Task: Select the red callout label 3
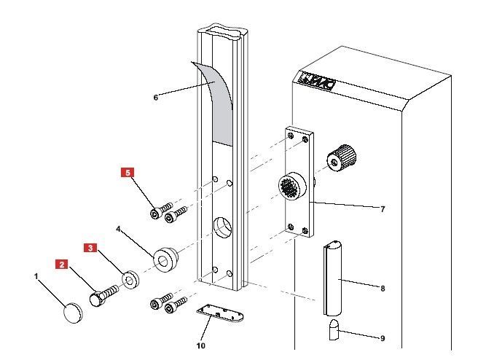tap(91, 247)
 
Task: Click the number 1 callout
tap(36, 276)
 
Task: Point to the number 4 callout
tap(119, 229)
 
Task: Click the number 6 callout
tap(155, 96)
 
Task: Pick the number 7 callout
tap(383, 209)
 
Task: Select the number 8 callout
tap(383, 288)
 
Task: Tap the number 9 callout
tap(383, 337)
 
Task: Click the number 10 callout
tap(200, 345)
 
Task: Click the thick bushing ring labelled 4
tap(165, 259)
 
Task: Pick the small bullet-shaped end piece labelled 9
tap(333, 332)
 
